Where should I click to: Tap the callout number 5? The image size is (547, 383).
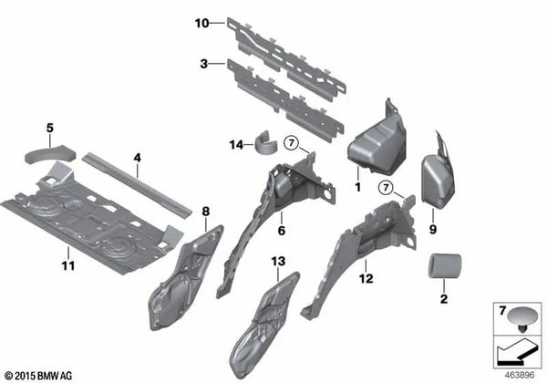(x=51, y=128)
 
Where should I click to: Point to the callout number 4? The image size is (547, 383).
(x=136, y=158)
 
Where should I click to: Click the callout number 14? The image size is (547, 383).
(x=235, y=145)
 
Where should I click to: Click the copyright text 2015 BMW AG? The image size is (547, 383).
(x=44, y=374)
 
